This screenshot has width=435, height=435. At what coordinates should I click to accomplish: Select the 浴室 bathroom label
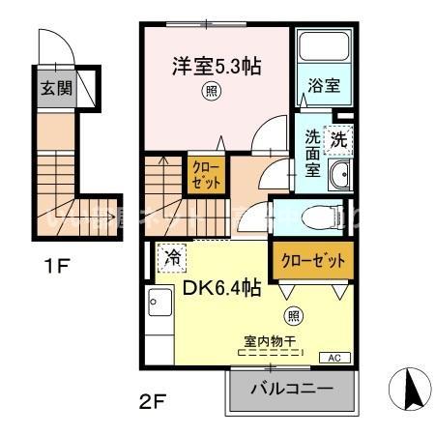pyautogui.click(x=324, y=86)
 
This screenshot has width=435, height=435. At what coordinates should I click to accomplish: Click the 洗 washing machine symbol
pyautogui.click(x=338, y=139)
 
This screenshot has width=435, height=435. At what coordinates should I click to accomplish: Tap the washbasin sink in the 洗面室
pyautogui.click(x=339, y=175)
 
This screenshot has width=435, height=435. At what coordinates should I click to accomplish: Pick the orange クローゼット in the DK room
pyautogui.click(x=312, y=260)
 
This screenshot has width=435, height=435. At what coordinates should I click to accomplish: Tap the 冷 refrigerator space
pyautogui.click(x=173, y=258)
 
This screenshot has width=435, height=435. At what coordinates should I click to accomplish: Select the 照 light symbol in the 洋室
pyautogui.click(x=210, y=93)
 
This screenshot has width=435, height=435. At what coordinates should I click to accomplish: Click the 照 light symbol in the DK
pyautogui.click(x=293, y=315)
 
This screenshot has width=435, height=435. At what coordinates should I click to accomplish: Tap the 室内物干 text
pyautogui.click(x=270, y=341)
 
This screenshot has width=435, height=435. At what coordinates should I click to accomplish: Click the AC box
pyautogui.click(x=334, y=358)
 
